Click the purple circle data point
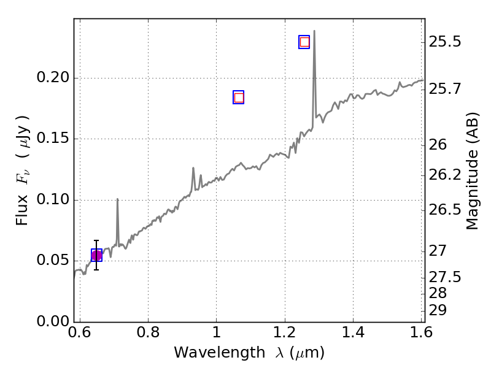(x=96, y=255)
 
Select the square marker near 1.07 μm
(x=239, y=98)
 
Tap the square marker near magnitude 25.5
(x=304, y=42)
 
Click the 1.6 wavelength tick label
(x=420, y=333)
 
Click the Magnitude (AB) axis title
(x=472, y=171)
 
